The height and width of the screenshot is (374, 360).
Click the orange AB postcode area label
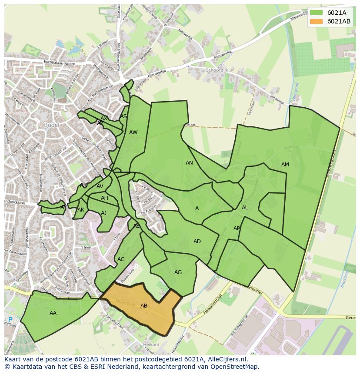point(144,306)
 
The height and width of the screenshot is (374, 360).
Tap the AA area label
point(53,313)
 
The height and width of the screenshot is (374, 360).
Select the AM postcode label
point(285,165)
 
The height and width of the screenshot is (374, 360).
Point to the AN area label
point(189,163)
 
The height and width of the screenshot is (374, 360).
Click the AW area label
point(133,132)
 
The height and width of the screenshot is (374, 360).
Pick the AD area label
point(197,242)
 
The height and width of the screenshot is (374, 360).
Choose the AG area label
point(178,272)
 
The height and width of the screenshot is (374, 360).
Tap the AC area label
point(121,259)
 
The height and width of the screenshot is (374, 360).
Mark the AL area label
point(245,208)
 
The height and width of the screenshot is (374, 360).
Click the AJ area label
point(103,213)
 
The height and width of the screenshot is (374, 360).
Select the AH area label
point(104,198)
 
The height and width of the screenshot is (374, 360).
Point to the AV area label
point(100,187)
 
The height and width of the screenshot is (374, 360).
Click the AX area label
point(104,119)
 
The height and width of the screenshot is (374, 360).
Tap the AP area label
point(237,228)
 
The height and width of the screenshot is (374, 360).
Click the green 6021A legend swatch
point(316,12)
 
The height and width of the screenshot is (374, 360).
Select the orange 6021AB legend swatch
point(316,21)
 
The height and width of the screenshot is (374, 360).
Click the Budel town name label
point(51,125)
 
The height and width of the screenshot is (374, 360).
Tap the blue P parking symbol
point(10,320)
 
